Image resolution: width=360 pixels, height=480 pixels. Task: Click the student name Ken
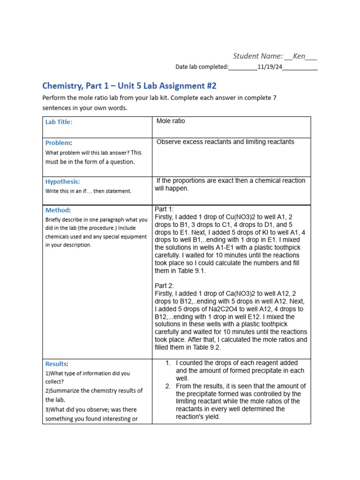(x=299, y=56)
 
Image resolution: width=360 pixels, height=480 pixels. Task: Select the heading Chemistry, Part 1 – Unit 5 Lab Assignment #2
(x=129, y=86)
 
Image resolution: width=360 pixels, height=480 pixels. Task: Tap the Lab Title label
(x=59, y=122)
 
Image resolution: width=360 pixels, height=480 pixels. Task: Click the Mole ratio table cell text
(x=171, y=121)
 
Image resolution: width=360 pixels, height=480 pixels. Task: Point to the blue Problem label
(x=58, y=142)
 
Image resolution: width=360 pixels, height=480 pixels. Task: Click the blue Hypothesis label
(x=62, y=181)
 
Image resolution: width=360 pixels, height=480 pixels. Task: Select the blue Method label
(x=57, y=210)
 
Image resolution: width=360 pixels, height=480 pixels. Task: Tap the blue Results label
(x=56, y=364)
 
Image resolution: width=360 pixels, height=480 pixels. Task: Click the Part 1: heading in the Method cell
(x=164, y=209)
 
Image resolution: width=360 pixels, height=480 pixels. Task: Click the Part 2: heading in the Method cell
(x=164, y=286)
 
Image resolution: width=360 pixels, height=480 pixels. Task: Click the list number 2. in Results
(x=168, y=386)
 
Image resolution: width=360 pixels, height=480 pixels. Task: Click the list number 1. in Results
(x=168, y=363)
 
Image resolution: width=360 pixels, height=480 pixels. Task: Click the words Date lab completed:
(x=202, y=67)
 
